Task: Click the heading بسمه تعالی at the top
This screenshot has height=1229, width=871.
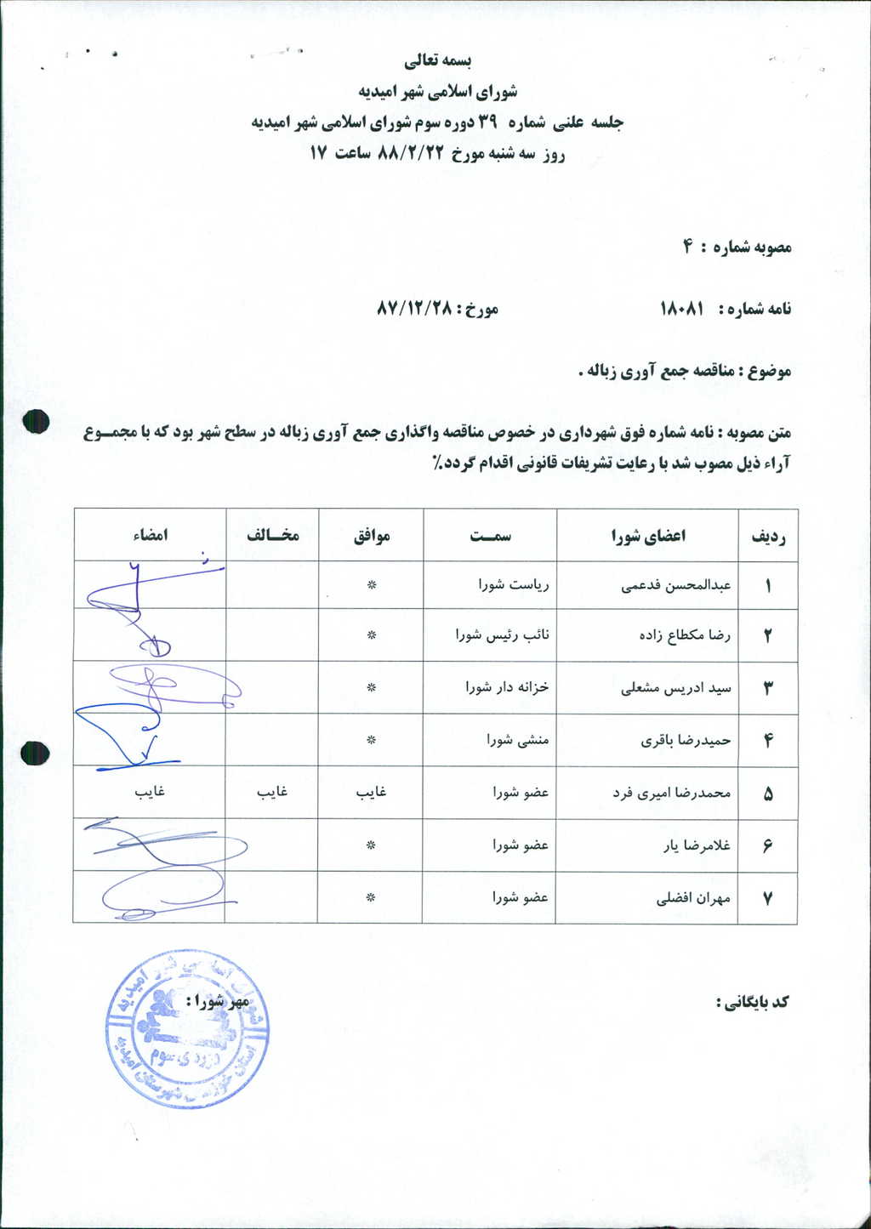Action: (437, 61)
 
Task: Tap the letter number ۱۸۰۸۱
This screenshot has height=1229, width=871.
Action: (682, 309)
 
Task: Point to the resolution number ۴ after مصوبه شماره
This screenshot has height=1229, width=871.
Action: (686, 248)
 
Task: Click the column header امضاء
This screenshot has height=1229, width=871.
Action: (151, 535)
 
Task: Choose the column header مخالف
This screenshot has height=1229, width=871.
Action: (273, 535)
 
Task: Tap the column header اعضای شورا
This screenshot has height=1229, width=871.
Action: (648, 535)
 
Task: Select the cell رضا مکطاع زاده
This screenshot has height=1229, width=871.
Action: (685, 635)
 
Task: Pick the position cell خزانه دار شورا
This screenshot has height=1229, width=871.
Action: (507, 687)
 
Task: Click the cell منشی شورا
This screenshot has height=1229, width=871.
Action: (518, 740)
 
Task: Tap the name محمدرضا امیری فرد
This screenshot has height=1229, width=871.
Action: (672, 793)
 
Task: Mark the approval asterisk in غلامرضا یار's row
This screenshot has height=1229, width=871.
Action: (371, 845)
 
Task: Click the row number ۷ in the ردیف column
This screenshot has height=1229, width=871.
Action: (768, 898)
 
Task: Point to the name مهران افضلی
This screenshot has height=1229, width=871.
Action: (693, 898)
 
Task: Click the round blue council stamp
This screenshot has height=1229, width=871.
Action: (187, 1031)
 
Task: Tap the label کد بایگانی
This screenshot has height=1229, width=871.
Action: (753, 1002)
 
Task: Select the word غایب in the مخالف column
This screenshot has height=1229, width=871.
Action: (272, 792)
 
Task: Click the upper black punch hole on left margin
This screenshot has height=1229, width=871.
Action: (36, 422)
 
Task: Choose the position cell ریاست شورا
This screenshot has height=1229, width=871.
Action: (514, 585)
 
